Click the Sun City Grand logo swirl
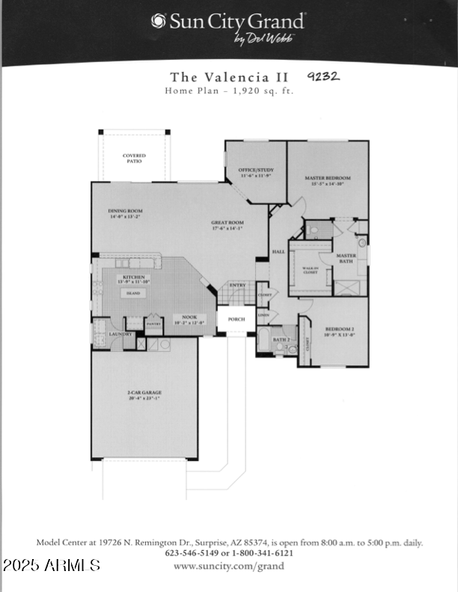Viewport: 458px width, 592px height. [x=157, y=21]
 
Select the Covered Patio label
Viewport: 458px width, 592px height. [x=135, y=158]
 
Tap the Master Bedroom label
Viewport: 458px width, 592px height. [x=327, y=180]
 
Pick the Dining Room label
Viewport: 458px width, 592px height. [x=125, y=213]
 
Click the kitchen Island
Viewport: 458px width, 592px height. [x=133, y=293]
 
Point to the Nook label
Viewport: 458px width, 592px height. [x=184, y=319]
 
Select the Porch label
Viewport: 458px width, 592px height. [x=236, y=319]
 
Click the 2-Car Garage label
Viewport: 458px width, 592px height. [x=144, y=394]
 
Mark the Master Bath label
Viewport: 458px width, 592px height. [x=346, y=258]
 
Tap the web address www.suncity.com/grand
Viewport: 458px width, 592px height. [x=229, y=567]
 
